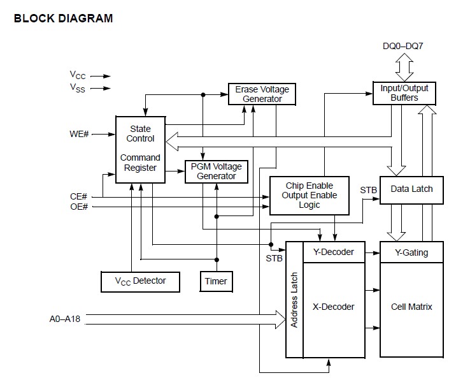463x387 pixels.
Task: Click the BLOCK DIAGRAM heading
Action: coord(63,18)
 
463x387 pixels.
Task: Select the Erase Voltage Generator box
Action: coord(262,94)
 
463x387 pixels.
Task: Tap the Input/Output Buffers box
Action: coord(404,93)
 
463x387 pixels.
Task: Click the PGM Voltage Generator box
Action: coord(216,172)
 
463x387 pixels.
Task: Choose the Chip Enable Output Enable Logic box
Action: coord(310,195)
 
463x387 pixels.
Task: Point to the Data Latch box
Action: coord(411,189)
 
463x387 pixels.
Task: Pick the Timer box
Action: coord(215,281)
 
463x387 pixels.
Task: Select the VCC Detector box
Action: coord(140,281)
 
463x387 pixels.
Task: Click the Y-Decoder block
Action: coord(333,252)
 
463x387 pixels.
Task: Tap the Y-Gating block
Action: coord(411,252)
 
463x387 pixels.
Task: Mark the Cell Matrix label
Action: coord(411,307)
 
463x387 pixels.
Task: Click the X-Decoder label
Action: coord(333,307)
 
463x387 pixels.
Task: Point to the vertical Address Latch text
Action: coord(294,299)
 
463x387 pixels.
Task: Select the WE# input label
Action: coord(80,135)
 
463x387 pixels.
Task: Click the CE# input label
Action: coord(79,196)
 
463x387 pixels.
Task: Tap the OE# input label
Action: coord(79,207)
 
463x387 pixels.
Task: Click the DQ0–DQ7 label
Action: coord(404,47)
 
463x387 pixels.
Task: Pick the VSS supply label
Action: coord(78,89)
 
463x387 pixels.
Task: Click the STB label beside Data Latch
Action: coord(368,190)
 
